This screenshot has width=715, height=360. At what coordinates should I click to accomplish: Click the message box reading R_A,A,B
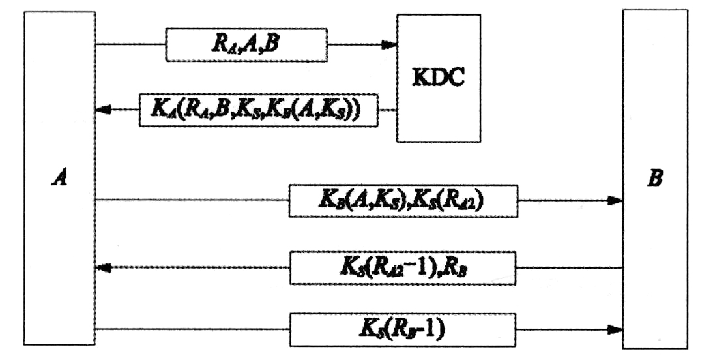245,45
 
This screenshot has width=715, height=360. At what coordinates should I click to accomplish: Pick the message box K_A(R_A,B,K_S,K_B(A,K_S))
258,110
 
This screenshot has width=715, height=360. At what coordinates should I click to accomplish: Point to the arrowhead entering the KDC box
390,45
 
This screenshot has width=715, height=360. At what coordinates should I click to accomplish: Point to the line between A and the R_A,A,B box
130,45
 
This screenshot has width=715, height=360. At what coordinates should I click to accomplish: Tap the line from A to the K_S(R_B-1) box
192,328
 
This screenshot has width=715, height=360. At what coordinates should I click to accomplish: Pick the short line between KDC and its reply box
388,110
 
